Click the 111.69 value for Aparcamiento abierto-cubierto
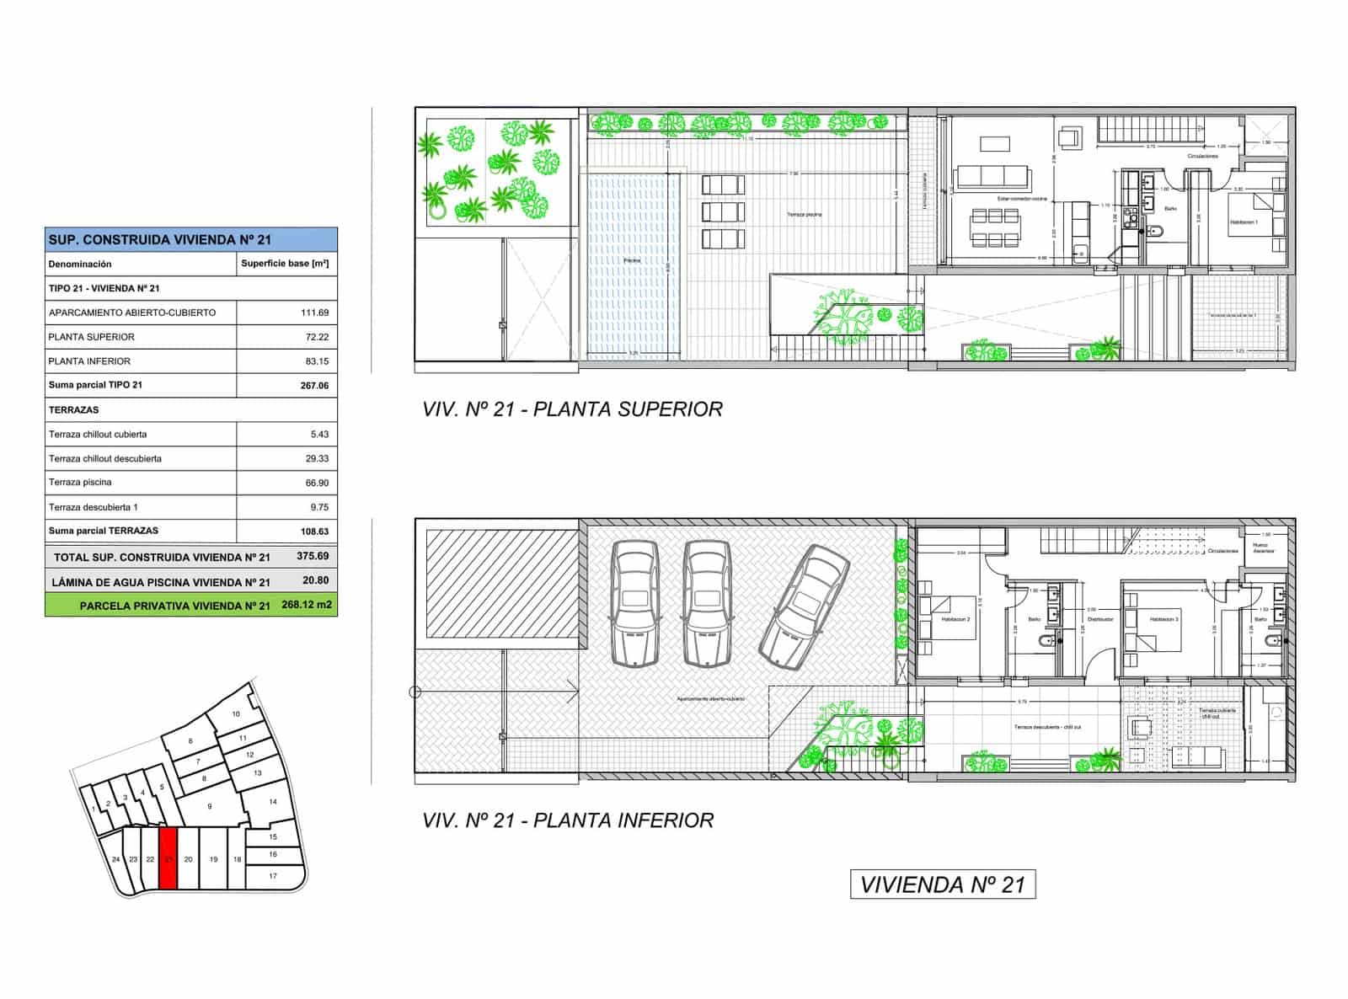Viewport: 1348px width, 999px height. pyautogui.click(x=314, y=313)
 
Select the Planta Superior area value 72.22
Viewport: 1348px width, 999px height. pyautogui.click(x=316, y=337)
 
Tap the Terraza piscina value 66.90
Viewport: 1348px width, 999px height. pyautogui.click(x=316, y=483)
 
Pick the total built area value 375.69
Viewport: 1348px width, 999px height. pyautogui.click(x=313, y=557)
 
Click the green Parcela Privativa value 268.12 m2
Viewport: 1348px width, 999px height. pyautogui.click(x=307, y=605)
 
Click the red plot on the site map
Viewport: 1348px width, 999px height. pyautogui.click(x=168, y=858)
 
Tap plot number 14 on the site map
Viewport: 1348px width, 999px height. pyautogui.click(x=272, y=802)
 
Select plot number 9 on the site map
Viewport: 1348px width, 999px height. pyautogui.click(x=210, y=806)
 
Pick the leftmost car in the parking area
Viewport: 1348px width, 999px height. pyautogui.click(x=634, y=603)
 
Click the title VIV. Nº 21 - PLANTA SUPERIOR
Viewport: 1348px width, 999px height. pyautogui.click(x=572, y=409)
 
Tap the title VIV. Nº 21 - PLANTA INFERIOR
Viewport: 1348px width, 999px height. pyautogui.click(x=568, y=820)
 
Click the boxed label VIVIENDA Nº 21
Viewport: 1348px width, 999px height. pyautogui.click(x=943, y=884)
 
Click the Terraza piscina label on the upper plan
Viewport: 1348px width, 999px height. pyautogui.click(x=805, y=215)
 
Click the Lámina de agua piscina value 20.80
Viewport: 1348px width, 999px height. pyautogui.click(x=315, y=581)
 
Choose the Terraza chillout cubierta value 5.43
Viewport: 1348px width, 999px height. pyautogui.click(x=318, y=435)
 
